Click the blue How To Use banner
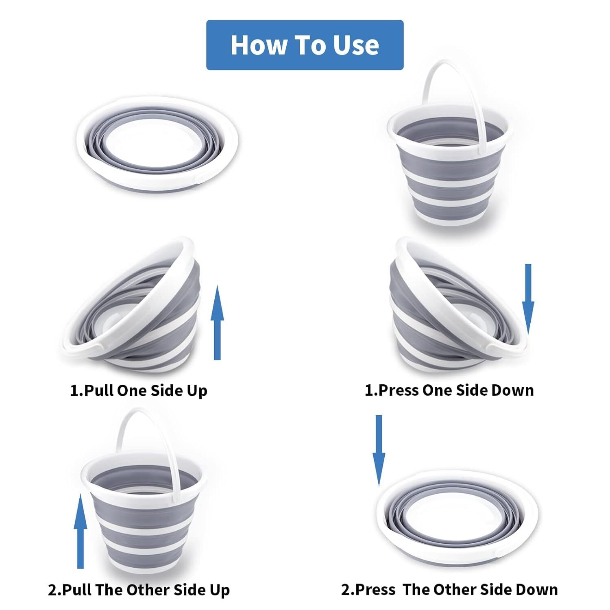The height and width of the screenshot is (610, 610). [305, 45]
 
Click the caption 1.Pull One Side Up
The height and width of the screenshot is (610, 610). [139, 390]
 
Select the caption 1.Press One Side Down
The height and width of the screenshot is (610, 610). [449, 390]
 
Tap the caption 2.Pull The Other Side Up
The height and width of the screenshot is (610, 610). [139, 590]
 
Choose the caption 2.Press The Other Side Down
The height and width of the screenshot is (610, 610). [449, 589]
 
